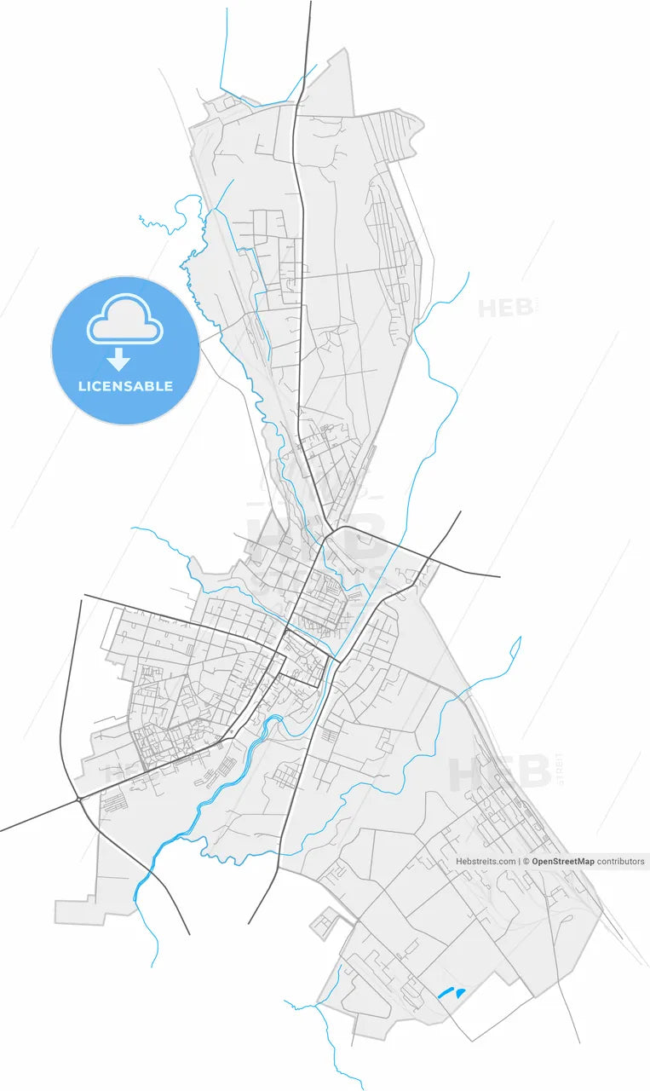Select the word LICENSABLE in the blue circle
[x=125, y=386]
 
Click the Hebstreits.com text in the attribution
[x=486, y=862]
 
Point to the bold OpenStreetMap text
[x=562, y=862]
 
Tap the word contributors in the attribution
[x=620, y=862]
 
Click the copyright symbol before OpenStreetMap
[x=526, y=862]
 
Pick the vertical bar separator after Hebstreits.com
[x=519, y=862]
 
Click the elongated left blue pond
[x=445, y=992]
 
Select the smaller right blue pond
[x=461, y=993]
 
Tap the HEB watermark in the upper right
[x=507, y=308]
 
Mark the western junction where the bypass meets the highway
[x=78, y=799]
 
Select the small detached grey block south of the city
[x=325, y=924]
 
